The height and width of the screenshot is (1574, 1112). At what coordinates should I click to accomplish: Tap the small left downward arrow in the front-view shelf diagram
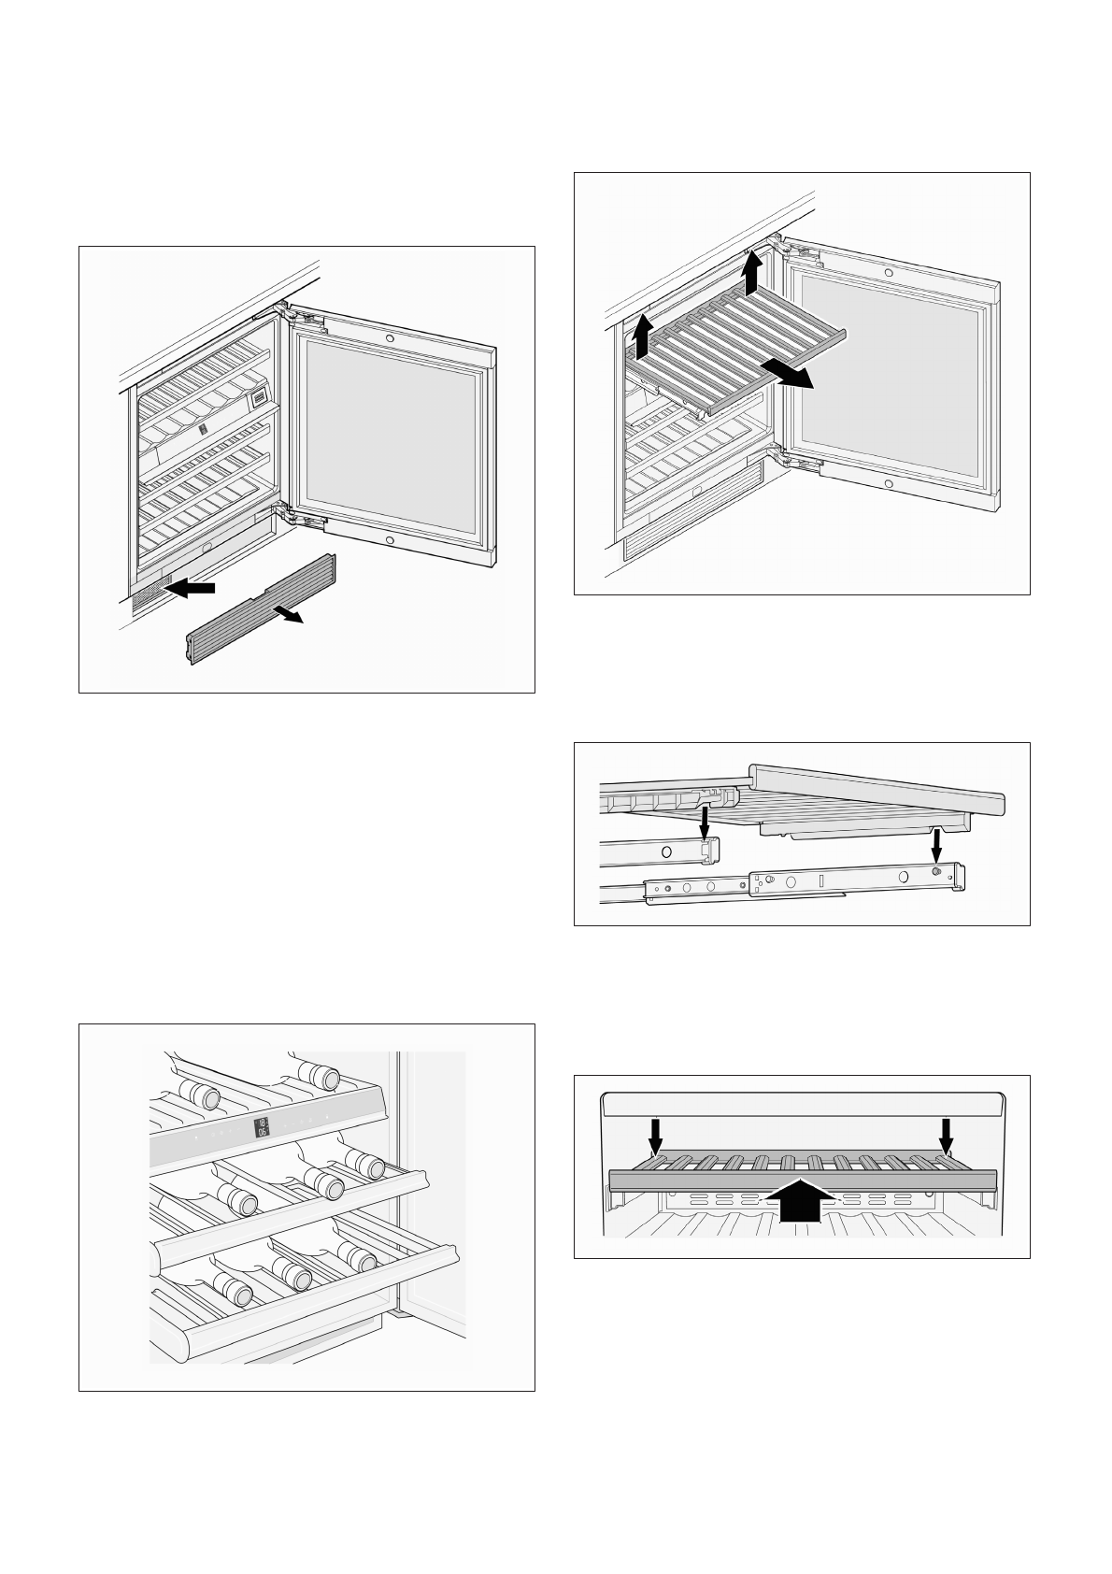657,1135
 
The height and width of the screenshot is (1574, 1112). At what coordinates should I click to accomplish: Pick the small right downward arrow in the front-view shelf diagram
947,1135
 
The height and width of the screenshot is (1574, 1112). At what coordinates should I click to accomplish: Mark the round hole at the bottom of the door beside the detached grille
389,541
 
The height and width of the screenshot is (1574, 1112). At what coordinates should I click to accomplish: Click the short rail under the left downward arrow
660,851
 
